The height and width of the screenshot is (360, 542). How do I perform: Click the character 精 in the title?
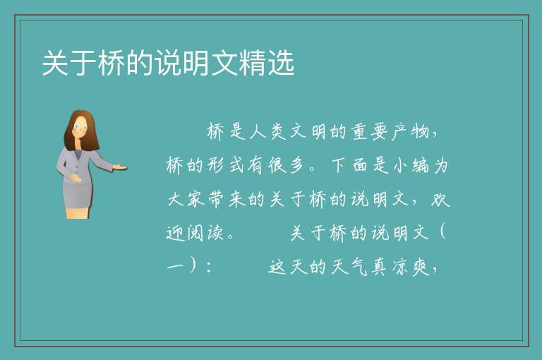click(x=253, y=63)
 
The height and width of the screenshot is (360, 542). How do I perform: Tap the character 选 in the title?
click(x=281, y=63)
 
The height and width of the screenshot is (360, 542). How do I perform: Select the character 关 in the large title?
click(x=55, y=63)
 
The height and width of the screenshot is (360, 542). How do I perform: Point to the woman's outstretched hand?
click(x=119, y=168)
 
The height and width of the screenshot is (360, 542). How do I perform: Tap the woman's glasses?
click(x=80, y=126)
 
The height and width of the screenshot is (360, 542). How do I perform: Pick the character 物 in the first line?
click(x=421, y=132)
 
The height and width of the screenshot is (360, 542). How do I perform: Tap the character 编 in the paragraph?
click(x=421, y=165)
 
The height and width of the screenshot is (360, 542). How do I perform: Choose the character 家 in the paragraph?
click(x=196, y=199)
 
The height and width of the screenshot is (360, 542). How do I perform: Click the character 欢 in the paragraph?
click(x=440, y=199)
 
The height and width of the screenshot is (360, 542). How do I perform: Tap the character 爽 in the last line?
click(x=421, y=267)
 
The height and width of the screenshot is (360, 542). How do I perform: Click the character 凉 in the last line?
click(x=400, y=267)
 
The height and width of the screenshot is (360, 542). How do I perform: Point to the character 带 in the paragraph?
click(x=217, y=199)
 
